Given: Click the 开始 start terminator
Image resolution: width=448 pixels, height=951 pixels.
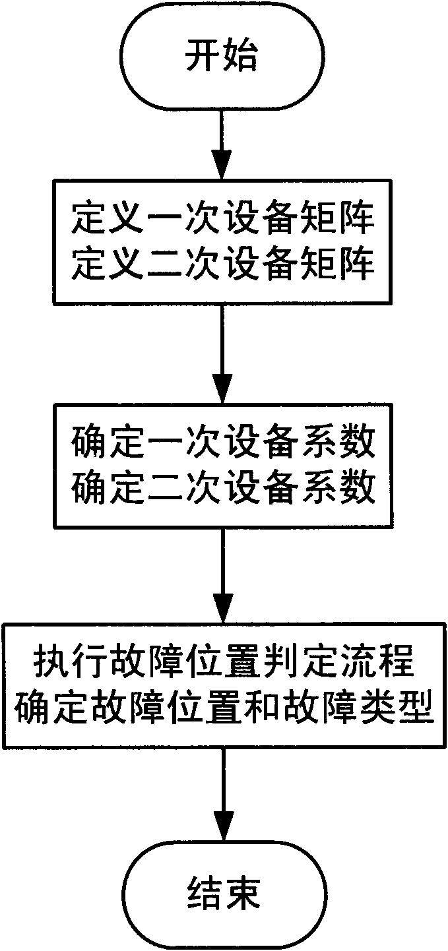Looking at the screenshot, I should (x=224, y=58).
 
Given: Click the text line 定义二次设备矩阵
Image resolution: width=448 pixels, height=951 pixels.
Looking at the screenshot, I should (x=223, y=266).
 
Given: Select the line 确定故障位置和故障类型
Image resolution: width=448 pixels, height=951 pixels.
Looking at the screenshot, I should (x=224, y=710).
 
